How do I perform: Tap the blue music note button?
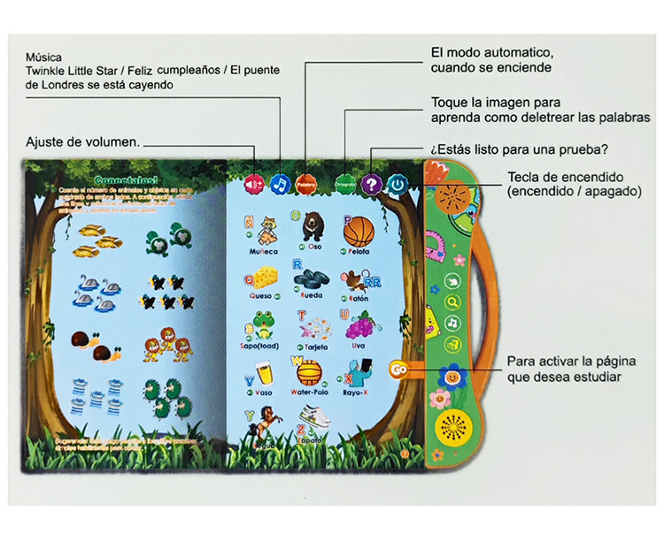tap(281, 184)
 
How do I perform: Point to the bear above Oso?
tap(312, 227)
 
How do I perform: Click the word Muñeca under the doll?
tap(264, 252)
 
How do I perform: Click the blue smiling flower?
tap(452, 377)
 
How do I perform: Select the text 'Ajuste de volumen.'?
tap(82, 141)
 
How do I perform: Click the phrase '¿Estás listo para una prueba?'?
tap(522, 148)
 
